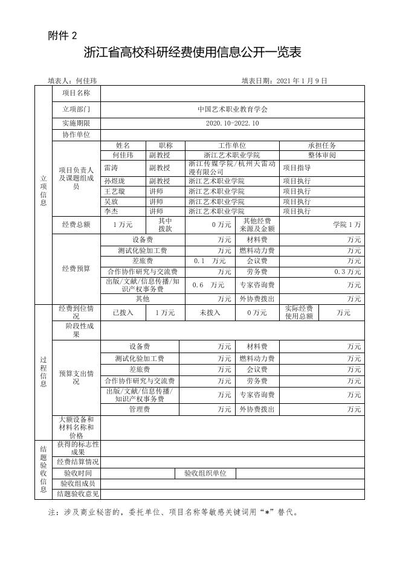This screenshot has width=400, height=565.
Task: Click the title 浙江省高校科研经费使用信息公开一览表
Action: click(193, 54)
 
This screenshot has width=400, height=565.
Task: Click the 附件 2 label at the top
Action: click(62, 36)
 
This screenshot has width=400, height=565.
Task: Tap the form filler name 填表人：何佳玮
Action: click(73, 80)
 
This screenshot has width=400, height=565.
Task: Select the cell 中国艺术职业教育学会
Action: click(232, 110)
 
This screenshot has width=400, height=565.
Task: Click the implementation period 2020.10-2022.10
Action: click(232, 124)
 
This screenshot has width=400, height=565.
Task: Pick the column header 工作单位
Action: click(232, 145)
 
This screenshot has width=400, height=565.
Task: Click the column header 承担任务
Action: click(321, 145)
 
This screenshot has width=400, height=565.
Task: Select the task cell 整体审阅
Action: click(321, 155)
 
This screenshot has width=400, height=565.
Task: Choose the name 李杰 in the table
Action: click(111, 211)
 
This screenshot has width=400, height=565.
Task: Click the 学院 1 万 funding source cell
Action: click(347, 225)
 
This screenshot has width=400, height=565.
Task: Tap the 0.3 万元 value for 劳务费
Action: click(347, 272)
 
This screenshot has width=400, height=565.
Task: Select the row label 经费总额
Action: click(76, 225)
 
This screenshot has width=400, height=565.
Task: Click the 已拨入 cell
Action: click(123, 313)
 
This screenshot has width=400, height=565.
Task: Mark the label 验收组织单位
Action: click(205, 474)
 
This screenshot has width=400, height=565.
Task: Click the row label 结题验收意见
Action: click(76, 494)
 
